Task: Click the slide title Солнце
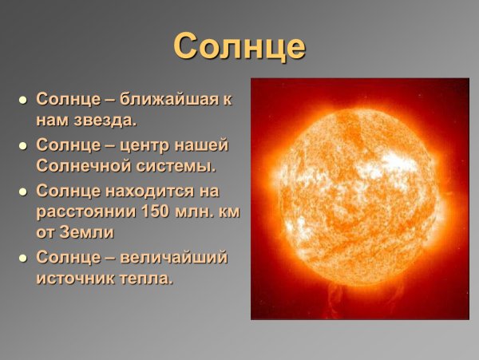[x=239, y=46]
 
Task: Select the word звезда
[x=104, y=121]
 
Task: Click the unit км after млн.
[x=229, y=212]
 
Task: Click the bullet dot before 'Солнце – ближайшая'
[x=22, y=101]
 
